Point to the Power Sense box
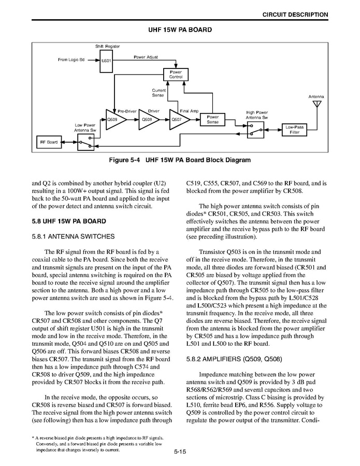(212, 120)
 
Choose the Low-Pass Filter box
(295, 130)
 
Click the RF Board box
(49, 142)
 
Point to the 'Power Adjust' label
(146, 57)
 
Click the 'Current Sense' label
(159, 92)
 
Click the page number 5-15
(180, 452)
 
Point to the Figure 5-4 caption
(179, 160)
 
